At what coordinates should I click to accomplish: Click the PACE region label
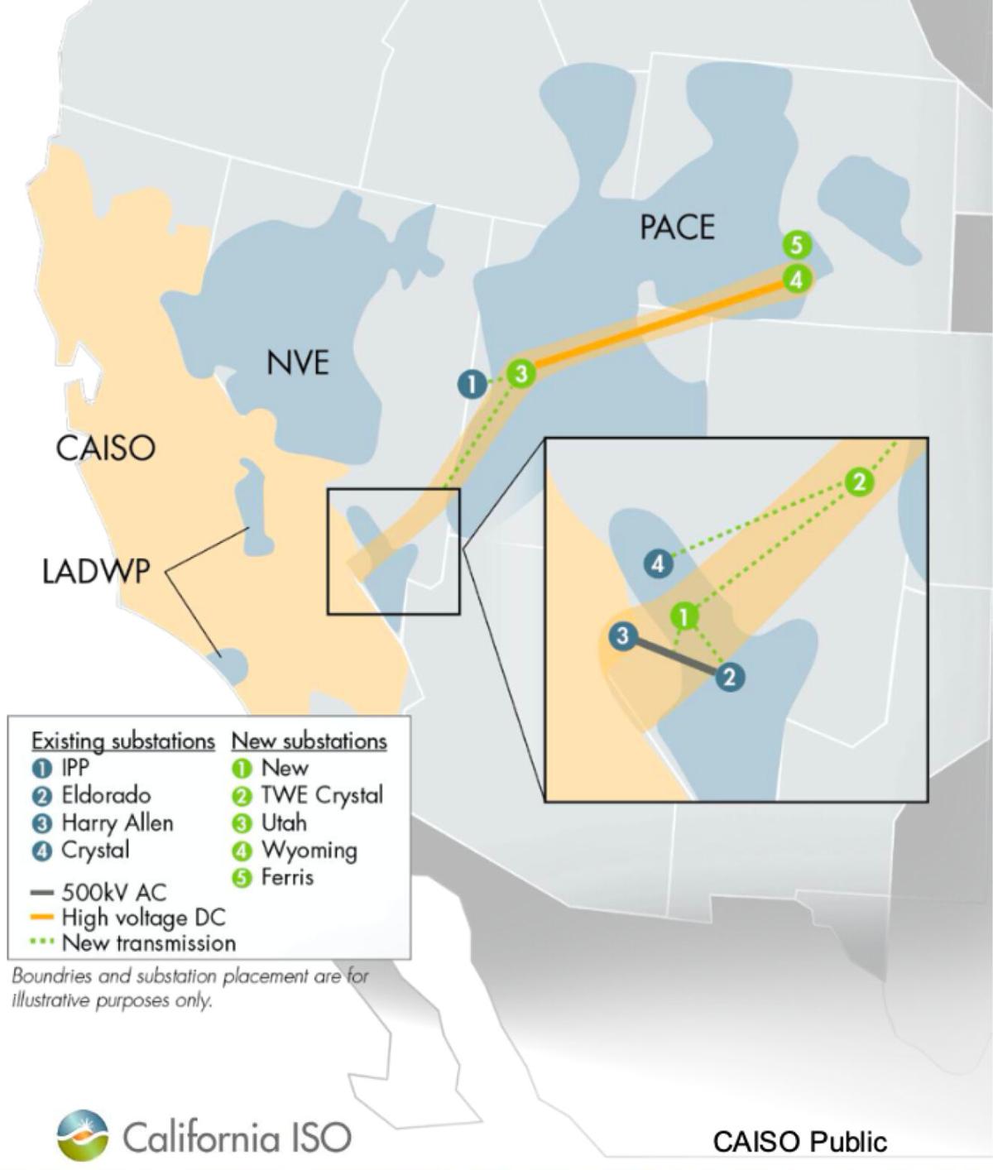[677, 227]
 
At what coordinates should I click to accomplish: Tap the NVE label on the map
[298, 362]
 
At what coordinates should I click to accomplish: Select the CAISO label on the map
[105, 448]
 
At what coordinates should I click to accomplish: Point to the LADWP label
[96, 571]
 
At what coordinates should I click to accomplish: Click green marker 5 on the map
[796, 245]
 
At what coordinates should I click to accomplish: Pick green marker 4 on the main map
[796, 279]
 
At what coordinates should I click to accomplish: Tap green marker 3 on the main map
[520, 374]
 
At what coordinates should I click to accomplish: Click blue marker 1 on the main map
[472, 384]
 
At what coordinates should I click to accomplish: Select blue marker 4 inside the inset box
[658, 564]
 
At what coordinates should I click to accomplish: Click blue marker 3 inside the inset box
[622, 636]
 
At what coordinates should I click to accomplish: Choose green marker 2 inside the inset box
[860, 481]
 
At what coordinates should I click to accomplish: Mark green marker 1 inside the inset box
[684, 616]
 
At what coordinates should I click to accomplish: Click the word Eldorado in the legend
[106, 795]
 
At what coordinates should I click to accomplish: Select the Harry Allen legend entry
[118, 822]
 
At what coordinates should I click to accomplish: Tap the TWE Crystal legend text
[322, 795]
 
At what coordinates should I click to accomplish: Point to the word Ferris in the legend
[287, 877]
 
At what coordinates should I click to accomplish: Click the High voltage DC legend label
[143, 917]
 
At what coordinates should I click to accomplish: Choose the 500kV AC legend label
[113, 892]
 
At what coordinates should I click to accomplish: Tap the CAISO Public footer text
[799, 1142]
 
